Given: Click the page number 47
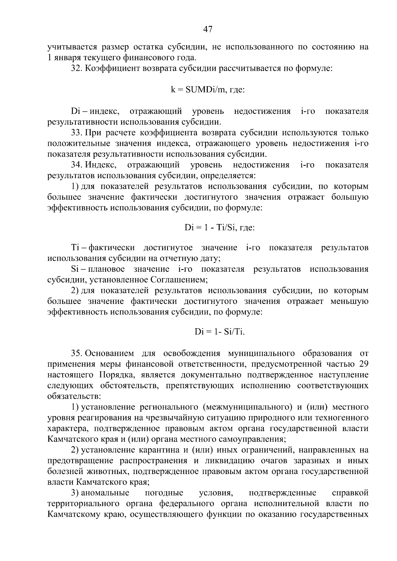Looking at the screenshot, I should point(207,29).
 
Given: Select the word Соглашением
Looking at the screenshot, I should point(179,280).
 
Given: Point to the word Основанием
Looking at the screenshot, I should point(110,353).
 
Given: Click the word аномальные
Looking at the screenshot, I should point(105,493).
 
